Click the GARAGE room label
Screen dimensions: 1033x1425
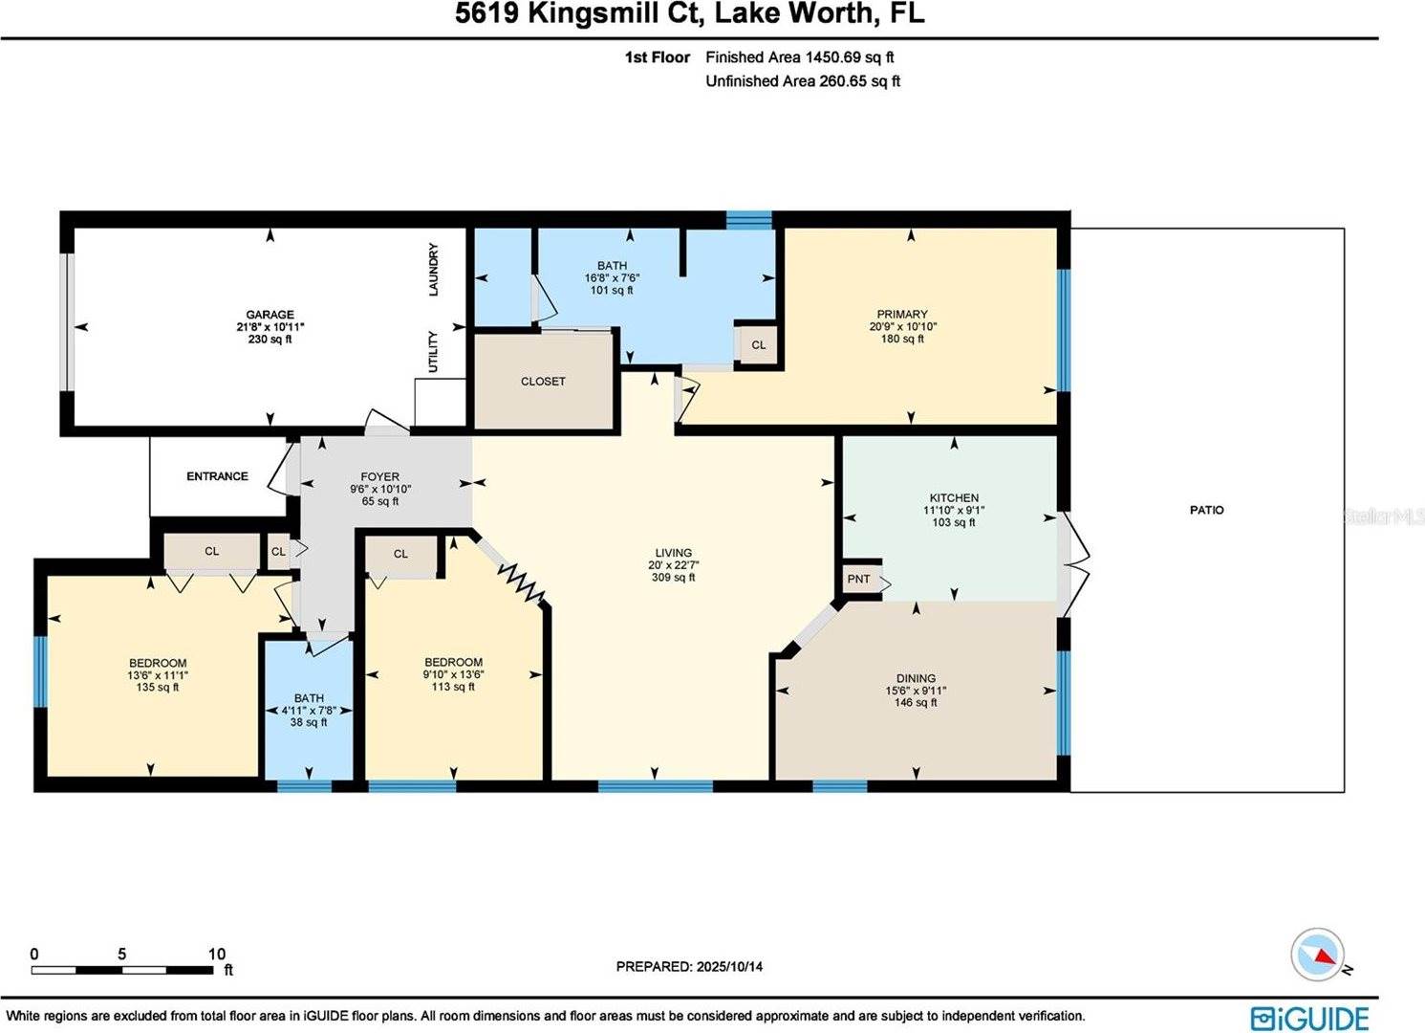pyautogui.click(x=270, y=315)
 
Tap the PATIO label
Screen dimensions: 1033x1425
pyautogui.click(x=1206, y=510)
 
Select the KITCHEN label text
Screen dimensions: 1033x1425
pyautogui.click(x=954, y=497)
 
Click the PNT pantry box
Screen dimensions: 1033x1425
pyautogui.click(x=859, y=579)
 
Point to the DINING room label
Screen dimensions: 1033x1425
pyautogui.click(x=916, y=678)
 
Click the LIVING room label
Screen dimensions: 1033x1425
pyautogui.click(x=673, y=553)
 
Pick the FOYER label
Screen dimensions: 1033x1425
pyautogui.click(x=379, y=476)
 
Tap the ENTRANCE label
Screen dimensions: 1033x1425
pyautogui.click(x=217, y=476)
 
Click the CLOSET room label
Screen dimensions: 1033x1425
pyautogui.click(x=543, y=381)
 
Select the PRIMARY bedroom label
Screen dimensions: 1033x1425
pyautogui.click(x=902, y=314)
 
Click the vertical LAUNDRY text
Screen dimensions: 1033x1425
pyautogui.click(x=433, y=270)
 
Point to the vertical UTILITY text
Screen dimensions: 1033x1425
pyautogui.click(x=433, y=352)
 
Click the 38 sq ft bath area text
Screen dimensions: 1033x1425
pyautogui.click(x=309, y=723)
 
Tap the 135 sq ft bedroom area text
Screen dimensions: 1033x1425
pyautogui.click(x=158, y=688)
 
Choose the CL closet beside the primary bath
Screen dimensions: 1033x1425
pyautogui.click(x=758, y=345)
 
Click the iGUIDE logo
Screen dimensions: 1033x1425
pyautogui.click(x=1309, y=1018)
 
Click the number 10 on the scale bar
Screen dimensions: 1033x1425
pyautogui.click(x=217, y=954)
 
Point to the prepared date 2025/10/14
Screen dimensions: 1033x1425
pyautogui.click(x=728, y=967)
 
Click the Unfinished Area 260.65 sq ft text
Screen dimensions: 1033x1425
pyautogui.click(x=803, y=81)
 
